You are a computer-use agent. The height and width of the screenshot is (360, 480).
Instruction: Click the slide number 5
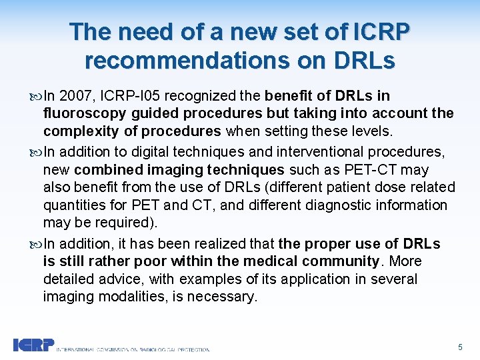click(460, 347)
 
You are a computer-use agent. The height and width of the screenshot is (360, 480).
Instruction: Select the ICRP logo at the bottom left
click(33, 345)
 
